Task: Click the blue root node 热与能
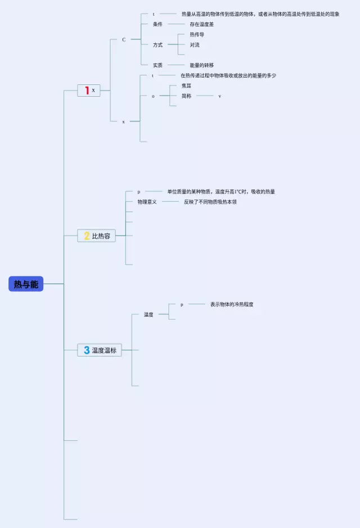click(26, 284)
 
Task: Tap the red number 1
click(87, 90)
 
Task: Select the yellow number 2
click(87, 236)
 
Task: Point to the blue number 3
click(87, 350)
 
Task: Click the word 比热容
click(101, 236)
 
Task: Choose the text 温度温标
click(104, 350)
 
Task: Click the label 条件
click(157, 24)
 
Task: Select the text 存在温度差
click(201, 24)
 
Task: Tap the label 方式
click(157, 44)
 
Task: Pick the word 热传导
click(197, 34)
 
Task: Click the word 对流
click(194, 44)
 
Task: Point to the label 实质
click(157, 65)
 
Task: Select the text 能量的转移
click(201, 65)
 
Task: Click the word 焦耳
click(186, 86)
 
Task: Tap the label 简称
click(186, 96)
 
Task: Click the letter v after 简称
click(219, 96)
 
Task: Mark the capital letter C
click(124, 39)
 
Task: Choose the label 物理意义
click(147, 201)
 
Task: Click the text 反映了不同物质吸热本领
click(210, 201)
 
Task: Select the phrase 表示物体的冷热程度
click(232, 304)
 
